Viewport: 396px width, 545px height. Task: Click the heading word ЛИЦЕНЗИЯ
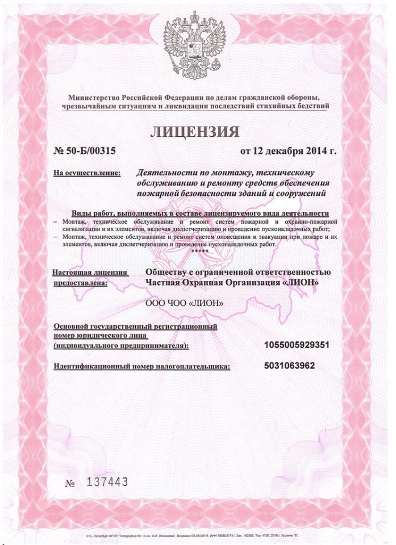tap(194, 132)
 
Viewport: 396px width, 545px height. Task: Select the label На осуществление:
tap(86, 172)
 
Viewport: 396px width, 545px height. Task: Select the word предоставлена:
tap(80, 282)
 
